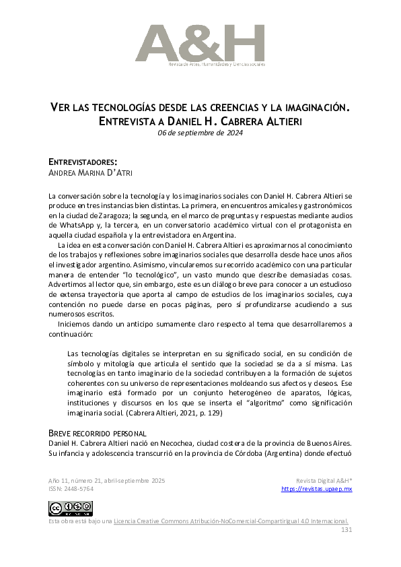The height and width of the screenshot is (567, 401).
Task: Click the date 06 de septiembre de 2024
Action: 200,133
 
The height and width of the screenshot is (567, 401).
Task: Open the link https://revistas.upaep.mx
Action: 316,489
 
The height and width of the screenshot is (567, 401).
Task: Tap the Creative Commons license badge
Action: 70,508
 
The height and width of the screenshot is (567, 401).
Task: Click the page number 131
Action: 347,530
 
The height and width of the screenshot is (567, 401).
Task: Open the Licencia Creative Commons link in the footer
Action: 231,521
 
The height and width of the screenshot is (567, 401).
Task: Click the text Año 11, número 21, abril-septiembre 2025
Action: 106,481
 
